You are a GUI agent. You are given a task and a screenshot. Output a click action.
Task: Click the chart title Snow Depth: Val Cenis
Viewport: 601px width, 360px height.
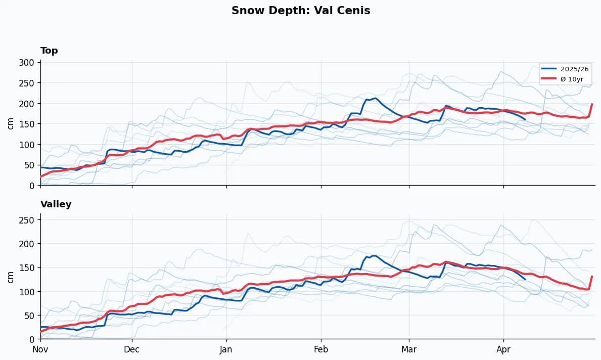(x=301, y=11)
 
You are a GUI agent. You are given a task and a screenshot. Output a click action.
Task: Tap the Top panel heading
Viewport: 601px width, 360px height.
(x=49, y=51)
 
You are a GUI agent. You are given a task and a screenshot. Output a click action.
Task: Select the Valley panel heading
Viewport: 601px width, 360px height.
(x=56, y=204)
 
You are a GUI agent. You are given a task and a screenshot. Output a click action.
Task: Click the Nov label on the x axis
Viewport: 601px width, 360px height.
(x=40, y=349)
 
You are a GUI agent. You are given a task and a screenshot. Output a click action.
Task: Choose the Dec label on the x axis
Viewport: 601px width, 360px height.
(x=132, y=349)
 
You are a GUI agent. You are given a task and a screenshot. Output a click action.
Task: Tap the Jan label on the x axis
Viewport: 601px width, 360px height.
(x=226, y=349)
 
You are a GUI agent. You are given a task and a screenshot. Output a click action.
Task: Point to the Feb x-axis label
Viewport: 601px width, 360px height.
(x=321, y=349)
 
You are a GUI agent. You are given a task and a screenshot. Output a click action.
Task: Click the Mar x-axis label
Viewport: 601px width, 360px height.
(x=409, y=349)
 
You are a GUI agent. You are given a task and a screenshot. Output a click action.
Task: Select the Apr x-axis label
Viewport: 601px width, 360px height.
(x=503, y=349)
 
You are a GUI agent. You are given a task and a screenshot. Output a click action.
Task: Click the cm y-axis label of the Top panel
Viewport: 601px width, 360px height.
(x=11, y=123)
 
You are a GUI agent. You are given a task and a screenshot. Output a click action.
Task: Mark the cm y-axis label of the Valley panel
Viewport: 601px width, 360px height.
(x=11, y=277)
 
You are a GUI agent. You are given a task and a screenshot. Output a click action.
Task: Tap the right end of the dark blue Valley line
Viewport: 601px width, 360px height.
(x=525, y=279)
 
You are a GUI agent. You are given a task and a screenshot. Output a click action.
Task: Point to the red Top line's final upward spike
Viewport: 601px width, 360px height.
(x=592, y=104)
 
